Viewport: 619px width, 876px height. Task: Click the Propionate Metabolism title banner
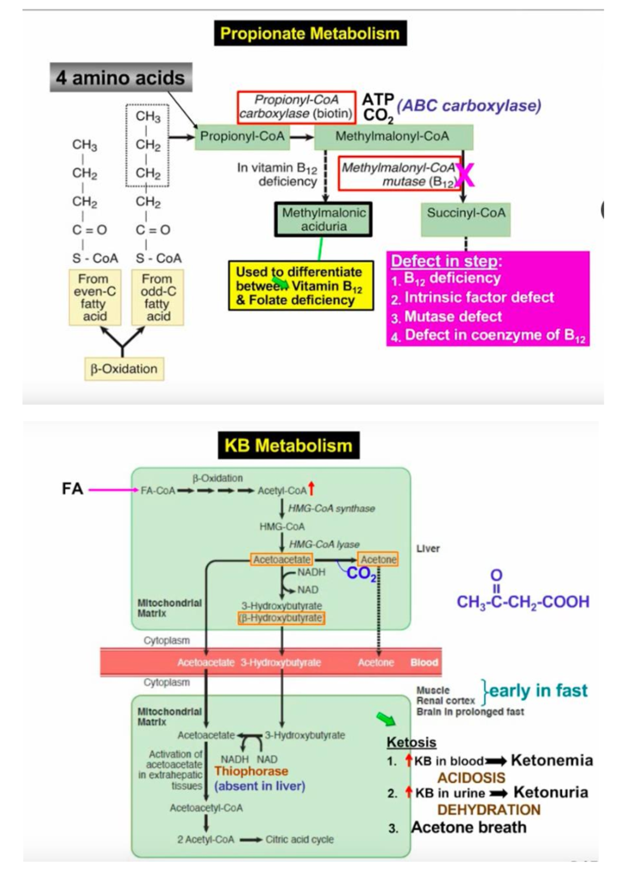click(310, 34)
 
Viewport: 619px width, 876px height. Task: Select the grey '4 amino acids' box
click(121, 78)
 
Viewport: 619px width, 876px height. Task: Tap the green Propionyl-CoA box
click(242, 137)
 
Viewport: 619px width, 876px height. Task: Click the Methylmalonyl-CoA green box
click(393, 137)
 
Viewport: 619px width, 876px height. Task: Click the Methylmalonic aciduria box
click(323, 219)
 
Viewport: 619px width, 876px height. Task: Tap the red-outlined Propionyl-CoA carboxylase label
click(297, 107)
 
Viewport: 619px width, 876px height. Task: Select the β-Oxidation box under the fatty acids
click(124, 369)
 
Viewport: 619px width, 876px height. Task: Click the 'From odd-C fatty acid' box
click(157, 297)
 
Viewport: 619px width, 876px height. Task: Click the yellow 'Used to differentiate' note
click(301, 286)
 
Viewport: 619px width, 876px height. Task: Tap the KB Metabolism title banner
click(288, 445)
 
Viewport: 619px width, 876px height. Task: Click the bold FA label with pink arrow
click(72, 489)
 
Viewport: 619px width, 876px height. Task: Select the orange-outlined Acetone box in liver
click(378, 559)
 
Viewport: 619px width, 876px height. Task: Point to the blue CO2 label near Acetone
click(361, 574)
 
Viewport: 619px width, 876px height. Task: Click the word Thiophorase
click(251, 771)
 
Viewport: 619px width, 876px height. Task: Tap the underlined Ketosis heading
click(411, 742)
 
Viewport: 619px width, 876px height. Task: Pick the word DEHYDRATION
click(488, 809)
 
